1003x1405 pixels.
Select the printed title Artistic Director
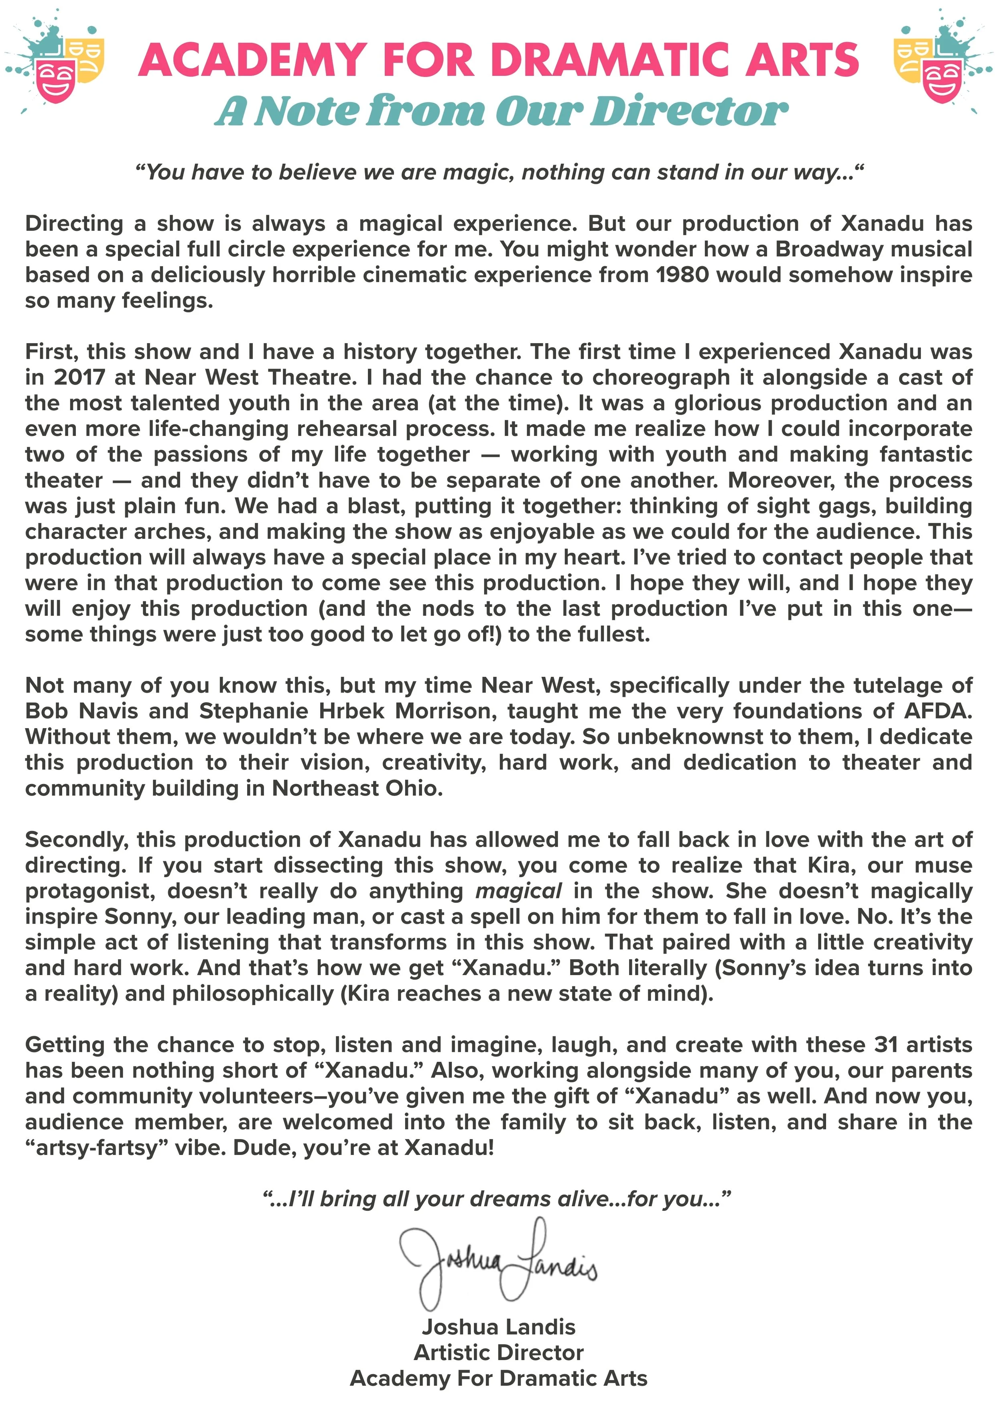pos(498,1352)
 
